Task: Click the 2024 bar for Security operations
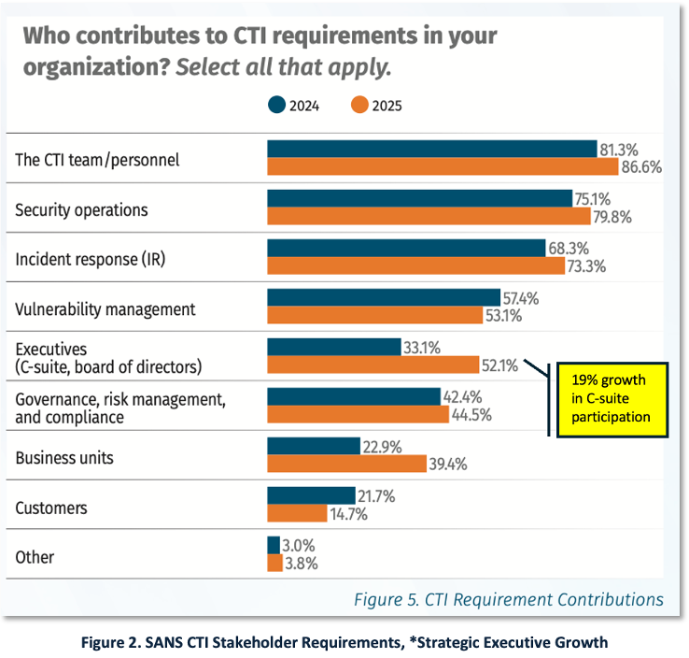pyautogui.click(x=419, y=198)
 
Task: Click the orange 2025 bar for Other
pyautogui.click(x=274, y=563)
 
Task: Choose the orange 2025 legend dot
pyautogui.click(x=359, y=105)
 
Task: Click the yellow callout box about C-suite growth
pyautogui.click(x=612, y=399)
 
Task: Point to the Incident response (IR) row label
pyautogui.click(x=90, y=259)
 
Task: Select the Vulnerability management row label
pyautogui.click(x=105, y=308)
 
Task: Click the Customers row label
pyautogui.click(x=51, y=508)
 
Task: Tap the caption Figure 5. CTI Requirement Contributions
pyautogui.click(x=508, y=599)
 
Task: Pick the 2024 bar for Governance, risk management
pyautogui.click(x=353, y=397)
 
